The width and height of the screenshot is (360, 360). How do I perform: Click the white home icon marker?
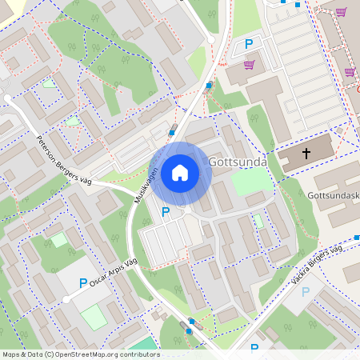point(180,173)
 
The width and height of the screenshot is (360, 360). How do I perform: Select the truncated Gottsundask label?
point(333,195)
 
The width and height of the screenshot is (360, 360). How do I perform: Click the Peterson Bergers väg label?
point(63,160)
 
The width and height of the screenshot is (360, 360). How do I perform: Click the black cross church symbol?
point(307,153)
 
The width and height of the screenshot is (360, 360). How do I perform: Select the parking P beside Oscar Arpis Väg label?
point(83,283)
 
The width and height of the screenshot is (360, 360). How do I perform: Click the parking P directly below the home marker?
point(166,212)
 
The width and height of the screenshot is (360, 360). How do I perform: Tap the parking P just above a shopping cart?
point(248,45)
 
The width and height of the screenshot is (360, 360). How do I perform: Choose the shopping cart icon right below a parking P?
point(249,64)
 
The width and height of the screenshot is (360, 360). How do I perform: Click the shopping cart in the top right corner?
point(342,12)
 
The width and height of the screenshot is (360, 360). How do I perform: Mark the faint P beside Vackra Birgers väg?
point(305,292)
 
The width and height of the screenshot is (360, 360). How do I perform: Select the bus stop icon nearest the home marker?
point(172,133)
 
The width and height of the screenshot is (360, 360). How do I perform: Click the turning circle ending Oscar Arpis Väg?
point(66,298)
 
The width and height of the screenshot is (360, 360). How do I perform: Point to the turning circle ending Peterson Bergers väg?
point(8,98)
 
